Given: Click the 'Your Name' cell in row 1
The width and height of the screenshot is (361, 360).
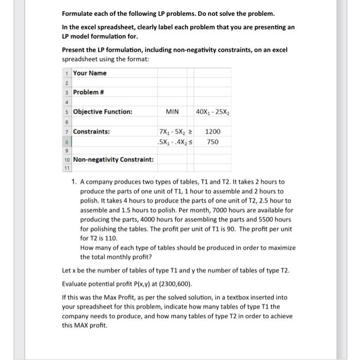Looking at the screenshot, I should click(90, 73).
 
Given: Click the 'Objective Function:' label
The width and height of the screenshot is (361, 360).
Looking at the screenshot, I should click(103, 112).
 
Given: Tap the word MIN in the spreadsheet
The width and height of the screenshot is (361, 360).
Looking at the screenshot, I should click(172, 112).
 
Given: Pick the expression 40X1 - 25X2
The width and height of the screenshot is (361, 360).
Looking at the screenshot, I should click(213, 112).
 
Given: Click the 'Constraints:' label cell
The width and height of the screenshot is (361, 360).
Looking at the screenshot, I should click(91, 131).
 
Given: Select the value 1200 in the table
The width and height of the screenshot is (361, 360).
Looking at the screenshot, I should click(213, 131).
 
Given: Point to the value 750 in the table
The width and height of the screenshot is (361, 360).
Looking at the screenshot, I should click(213, 141).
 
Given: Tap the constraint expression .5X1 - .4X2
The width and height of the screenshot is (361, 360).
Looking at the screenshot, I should click(171, 141).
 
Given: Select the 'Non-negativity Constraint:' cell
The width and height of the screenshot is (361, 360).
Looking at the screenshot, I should click(113, 160).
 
